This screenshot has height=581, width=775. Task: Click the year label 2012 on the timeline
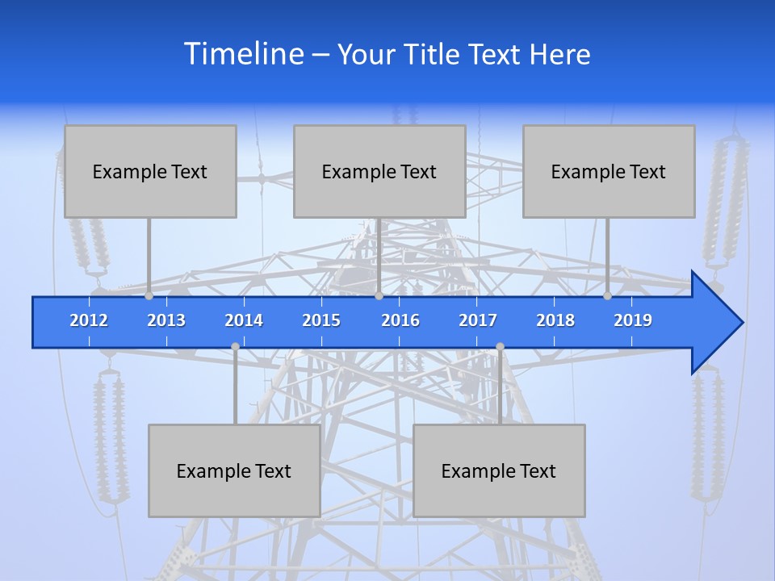[89, 320]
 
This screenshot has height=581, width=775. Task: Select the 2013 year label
[166, 320]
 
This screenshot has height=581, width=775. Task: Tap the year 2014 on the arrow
[244, 320]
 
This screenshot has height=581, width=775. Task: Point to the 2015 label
[321, 320]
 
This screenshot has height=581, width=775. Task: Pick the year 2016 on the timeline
[400, 320]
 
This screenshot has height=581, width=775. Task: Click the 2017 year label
[478, 320]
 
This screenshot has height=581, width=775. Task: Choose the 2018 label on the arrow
[555, 320]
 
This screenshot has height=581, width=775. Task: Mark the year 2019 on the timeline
[633, 320]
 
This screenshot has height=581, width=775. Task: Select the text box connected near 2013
[150, 171]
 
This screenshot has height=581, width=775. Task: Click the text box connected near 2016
[379, 171]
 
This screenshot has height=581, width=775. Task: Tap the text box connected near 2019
[609, 171]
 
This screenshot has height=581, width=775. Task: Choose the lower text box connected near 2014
[234, 470]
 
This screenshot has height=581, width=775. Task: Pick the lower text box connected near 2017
[499, 470]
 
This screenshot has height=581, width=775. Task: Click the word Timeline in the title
[242, 54]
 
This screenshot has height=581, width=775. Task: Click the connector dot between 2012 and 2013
[149, 296]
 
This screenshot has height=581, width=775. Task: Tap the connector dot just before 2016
[379, 296]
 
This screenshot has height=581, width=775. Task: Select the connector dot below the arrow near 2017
[500, 347]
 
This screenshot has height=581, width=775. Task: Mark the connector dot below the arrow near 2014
[235, 347]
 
